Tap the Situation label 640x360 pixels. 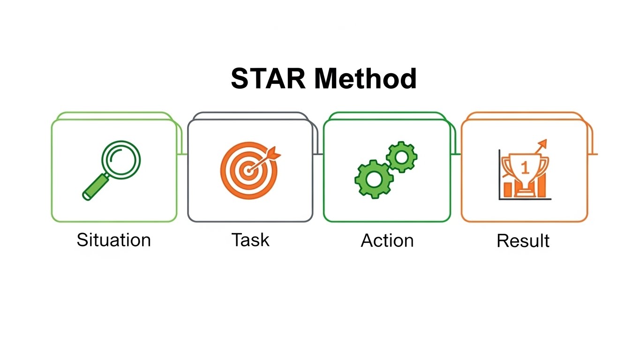tap(113, 240)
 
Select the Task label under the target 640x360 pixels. tap(250, 240)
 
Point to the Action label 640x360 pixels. tap(387, 240)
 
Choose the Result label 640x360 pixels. tap(523, 241)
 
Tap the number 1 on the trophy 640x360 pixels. tap(524, 166)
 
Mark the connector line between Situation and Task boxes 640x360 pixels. tap(182, 154)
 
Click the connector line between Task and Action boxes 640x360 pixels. tap(318, 154)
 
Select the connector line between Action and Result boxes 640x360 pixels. tap(455, 154)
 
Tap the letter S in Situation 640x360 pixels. tap(82, 240)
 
